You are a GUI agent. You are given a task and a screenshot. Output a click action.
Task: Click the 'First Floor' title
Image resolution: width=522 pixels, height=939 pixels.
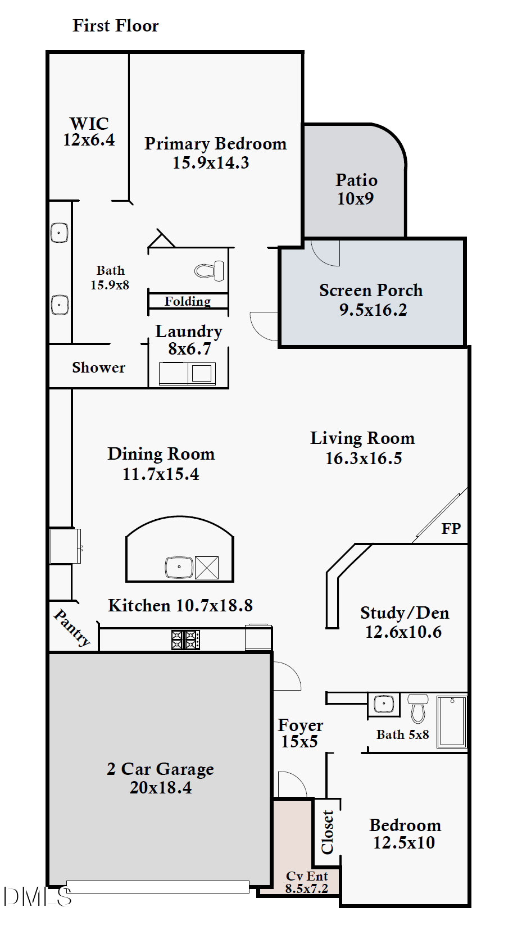coord(116,26)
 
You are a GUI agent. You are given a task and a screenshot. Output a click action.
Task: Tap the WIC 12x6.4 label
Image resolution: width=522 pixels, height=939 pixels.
coord(89,131)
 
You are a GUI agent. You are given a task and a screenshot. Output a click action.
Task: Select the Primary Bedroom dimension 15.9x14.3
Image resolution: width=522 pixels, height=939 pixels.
coord(211,162)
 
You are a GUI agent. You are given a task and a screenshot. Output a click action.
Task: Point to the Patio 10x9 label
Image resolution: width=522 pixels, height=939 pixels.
coord(356,189)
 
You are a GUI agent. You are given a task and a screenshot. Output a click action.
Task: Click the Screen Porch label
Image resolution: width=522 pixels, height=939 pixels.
coord(371,290)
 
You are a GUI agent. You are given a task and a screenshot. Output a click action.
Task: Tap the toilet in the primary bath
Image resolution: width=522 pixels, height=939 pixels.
coord(209,270)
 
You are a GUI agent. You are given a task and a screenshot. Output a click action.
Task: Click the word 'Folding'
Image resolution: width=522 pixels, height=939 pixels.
coord(188,301)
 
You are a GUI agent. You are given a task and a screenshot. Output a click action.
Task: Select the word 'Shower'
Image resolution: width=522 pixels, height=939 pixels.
coord(98,368)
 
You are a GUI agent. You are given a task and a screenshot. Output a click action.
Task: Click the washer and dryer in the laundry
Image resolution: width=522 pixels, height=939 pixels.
coord(188,373)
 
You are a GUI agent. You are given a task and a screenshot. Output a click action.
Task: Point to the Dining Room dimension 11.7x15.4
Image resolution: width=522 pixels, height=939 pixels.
coord(161,474)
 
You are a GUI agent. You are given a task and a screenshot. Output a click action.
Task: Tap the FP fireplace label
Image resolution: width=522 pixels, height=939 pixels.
coord(451,529)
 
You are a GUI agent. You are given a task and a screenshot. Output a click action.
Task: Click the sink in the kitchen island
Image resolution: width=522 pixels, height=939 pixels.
coord(179,567)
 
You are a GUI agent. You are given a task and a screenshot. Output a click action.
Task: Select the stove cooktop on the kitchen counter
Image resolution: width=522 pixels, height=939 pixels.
coord(185,640)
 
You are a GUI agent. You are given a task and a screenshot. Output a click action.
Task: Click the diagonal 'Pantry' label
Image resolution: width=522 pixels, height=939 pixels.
coord(72,628)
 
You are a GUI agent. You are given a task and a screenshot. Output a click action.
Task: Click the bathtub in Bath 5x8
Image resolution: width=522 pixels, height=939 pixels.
coord(452,722)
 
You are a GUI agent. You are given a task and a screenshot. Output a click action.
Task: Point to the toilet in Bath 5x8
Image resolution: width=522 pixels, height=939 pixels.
coord(418,709)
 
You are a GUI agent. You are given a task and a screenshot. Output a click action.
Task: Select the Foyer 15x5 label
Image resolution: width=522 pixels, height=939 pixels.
coord(300,733)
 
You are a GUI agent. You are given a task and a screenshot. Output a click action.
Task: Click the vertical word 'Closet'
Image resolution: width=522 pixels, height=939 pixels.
coord(327,832)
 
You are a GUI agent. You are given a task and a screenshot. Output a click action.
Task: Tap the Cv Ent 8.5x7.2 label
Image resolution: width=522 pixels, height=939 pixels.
coord(307,882)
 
